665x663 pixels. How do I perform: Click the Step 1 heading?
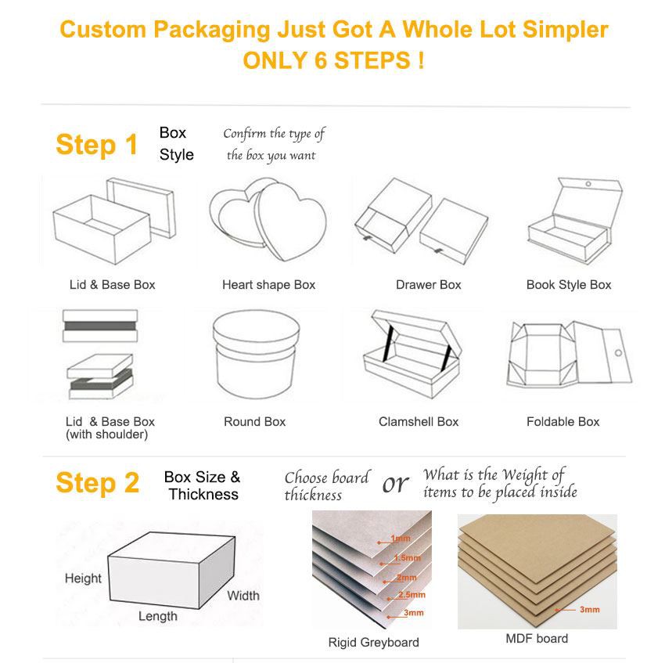tap(96, 146)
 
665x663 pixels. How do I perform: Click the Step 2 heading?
tap(97, 484)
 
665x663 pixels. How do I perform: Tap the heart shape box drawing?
tap(268, 222)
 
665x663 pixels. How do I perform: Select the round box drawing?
tap(253, 357)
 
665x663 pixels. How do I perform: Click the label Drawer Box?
tap(428, 285)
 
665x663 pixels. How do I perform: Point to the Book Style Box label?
tap(569, 285)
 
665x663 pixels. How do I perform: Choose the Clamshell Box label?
tap(419, 422)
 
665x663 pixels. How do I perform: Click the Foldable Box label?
tap(563, 422)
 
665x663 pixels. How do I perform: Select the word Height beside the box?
tap(83, 578)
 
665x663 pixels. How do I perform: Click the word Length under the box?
tap(157, 617)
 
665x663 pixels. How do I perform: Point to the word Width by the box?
tap(243, 596)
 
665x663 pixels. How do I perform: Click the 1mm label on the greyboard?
tap(401, 539)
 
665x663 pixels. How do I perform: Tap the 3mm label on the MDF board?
tap(589, 609)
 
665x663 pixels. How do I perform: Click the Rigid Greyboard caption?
tap(373, 643)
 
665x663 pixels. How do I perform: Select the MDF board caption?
tap(537, 639)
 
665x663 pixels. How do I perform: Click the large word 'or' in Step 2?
tap(395, 485)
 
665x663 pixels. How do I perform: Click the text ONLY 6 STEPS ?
tap(333, 60)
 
